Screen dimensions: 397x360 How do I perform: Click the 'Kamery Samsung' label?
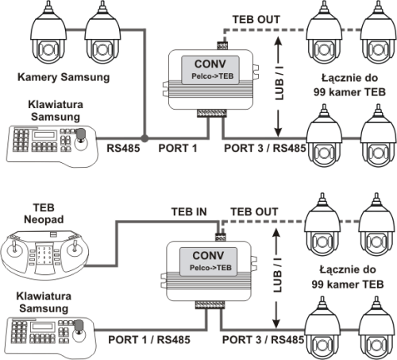click(64, 77)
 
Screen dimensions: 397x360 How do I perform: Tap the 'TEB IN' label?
click(189, 212)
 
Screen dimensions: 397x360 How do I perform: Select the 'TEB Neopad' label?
click(44, 214)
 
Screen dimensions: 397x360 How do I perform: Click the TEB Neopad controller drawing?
click(45, 254)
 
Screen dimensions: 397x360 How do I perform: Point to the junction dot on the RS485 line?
click(145, 138)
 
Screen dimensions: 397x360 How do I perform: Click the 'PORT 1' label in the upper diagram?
click(178, 148)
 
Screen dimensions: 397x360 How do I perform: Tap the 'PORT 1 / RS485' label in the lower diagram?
click(149, 339)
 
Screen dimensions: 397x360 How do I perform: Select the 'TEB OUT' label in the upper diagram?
click(256, 19)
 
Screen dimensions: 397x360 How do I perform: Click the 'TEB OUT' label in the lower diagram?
click(254, 212)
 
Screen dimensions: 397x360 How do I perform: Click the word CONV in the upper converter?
click(210, 64)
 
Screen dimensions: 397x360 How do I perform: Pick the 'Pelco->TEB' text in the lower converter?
click(210, 268)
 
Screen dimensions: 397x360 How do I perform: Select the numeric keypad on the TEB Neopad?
click(44, 256)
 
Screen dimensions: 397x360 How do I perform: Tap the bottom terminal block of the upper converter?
click(212, 113)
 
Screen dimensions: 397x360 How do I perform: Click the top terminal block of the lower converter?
click(220, 237)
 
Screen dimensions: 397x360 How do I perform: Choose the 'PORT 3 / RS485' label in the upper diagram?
click(265, 148)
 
